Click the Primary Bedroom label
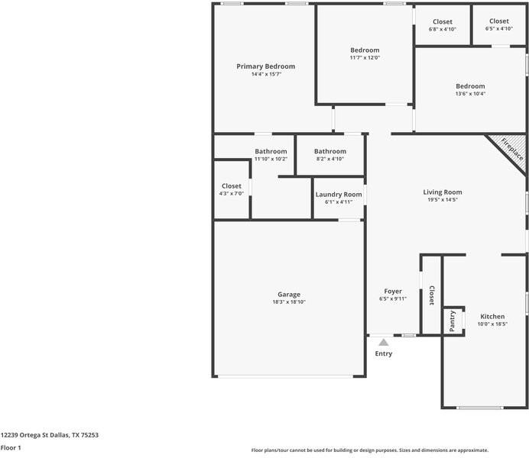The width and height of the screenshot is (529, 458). pyautogui.click(x=265, y=66)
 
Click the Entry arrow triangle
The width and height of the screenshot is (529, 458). pyautogui.click(x=383, y=343)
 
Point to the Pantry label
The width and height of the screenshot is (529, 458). pyautogui.click(x=453, y=321)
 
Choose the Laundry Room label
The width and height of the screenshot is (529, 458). pyautogui.click(x=339, y=195)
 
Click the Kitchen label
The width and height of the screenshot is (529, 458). pyautogui.click(x=492, y=316)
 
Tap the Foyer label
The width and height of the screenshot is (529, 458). pyautogui.click(x=393, y=291)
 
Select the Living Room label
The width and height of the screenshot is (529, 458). pyautogui.click(x=443, y=192)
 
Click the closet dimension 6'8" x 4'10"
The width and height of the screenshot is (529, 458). pyautogui.click(x=443, y=29)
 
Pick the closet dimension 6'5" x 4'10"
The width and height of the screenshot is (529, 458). pyautogui.click(x=498, y=29)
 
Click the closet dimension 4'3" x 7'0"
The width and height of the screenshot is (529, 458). pyautogui.click(x=231, y=194)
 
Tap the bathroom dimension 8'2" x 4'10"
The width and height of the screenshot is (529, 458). pyautogui.click(x=330, y=159)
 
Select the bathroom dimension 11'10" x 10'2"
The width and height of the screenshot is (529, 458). pyautogui.click(x=271, y=159)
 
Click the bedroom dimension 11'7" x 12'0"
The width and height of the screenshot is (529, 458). pyautogui.click(x=365, y=57)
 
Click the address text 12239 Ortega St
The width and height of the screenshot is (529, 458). pyautogui.click(x=49, y=435)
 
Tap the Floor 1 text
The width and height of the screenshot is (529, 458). pyautogui.click(x=11, y=448)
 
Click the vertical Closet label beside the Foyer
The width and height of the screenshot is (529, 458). pyautogui.click(x=432, y=295)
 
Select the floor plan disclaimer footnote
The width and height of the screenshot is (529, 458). pyautogui.click(x=369, y=450)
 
